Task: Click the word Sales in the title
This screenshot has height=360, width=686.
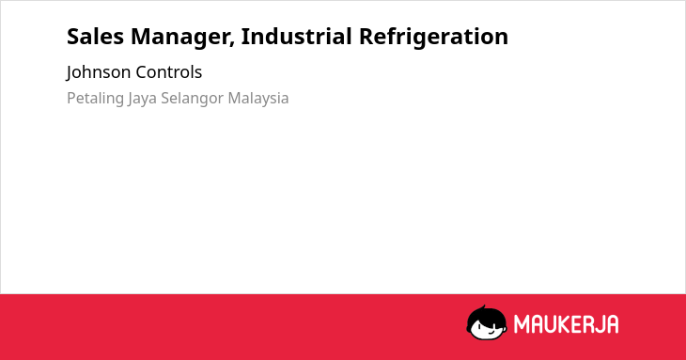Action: [x=95, y=37]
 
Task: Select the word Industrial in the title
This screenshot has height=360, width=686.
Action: [x=297, y=36]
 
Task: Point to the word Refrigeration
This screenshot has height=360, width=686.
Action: [x=433, y=38]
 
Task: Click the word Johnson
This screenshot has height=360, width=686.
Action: [x=99, y=72]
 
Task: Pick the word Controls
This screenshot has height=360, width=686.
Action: [x=168, y=72]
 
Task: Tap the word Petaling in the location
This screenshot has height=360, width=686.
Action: [x=95, y=99]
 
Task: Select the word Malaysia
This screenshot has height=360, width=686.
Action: [x=258, y=99]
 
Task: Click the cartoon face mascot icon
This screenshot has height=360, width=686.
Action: [x=487, y=322]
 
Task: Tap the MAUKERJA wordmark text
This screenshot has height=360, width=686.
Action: [x=566, y=324]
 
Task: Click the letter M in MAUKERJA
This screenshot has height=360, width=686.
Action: [x=522, y=324]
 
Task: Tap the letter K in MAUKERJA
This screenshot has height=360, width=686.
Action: [x=564, y=324]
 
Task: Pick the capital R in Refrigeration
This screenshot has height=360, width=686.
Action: [x=366, y=37]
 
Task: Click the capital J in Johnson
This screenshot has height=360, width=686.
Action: [x=70, y=73]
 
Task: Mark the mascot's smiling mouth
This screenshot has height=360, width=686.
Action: [x=491, y=332]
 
